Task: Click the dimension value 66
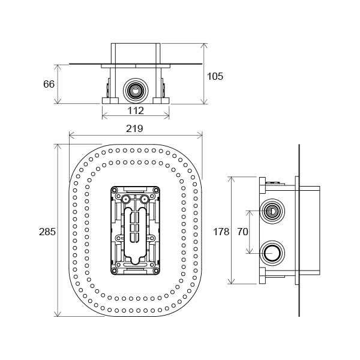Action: pyautogui.click(x=49, y=84)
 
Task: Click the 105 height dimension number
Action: pyautogui.click(x=215, y=76)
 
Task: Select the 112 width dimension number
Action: pyautogui.click(x=136, y=110)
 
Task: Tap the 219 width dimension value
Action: pyautogui.click(x=136, y=129)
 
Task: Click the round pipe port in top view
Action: pyautogui.click(x=136, y=91)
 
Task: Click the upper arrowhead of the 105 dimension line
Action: pyautogui.click(x=205, y=45)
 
